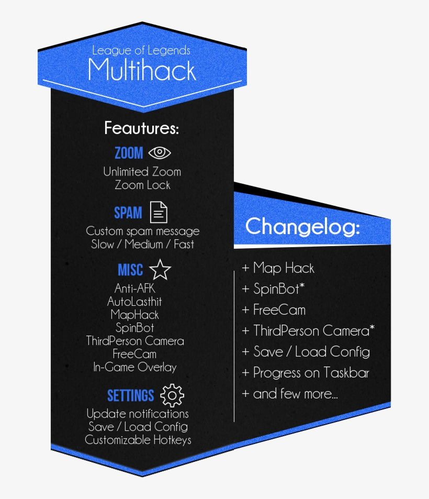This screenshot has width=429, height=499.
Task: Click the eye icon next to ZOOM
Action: pos(160,153)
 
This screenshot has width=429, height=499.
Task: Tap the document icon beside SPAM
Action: pos(159,212)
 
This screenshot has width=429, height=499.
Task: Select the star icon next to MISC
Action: pos(160,270)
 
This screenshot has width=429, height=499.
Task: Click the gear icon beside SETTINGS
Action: pos(172,395)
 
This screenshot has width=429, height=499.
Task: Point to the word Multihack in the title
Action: pos(142,70)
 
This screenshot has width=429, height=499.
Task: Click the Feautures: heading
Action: pos(141,128)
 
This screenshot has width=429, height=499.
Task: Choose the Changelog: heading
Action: pos(303,227)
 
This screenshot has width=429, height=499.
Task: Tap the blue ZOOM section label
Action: pos(129,153)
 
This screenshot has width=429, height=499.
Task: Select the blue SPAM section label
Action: pos(128,213)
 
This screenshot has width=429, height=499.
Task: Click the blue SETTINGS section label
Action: pos(131,396)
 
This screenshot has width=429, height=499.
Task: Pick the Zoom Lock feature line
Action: pos(142,185)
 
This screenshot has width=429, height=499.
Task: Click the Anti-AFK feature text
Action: pos(135,289)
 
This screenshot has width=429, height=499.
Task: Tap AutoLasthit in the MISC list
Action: pos(134,302)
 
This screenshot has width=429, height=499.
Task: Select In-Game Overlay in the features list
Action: pos(135,367)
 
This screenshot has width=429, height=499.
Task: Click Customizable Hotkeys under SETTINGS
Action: pos(138,440)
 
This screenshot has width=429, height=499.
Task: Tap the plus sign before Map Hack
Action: pos(245,268)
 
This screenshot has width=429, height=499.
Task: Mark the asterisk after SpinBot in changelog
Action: pos(302,285)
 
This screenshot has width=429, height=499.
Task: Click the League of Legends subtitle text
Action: pos(141,50)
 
